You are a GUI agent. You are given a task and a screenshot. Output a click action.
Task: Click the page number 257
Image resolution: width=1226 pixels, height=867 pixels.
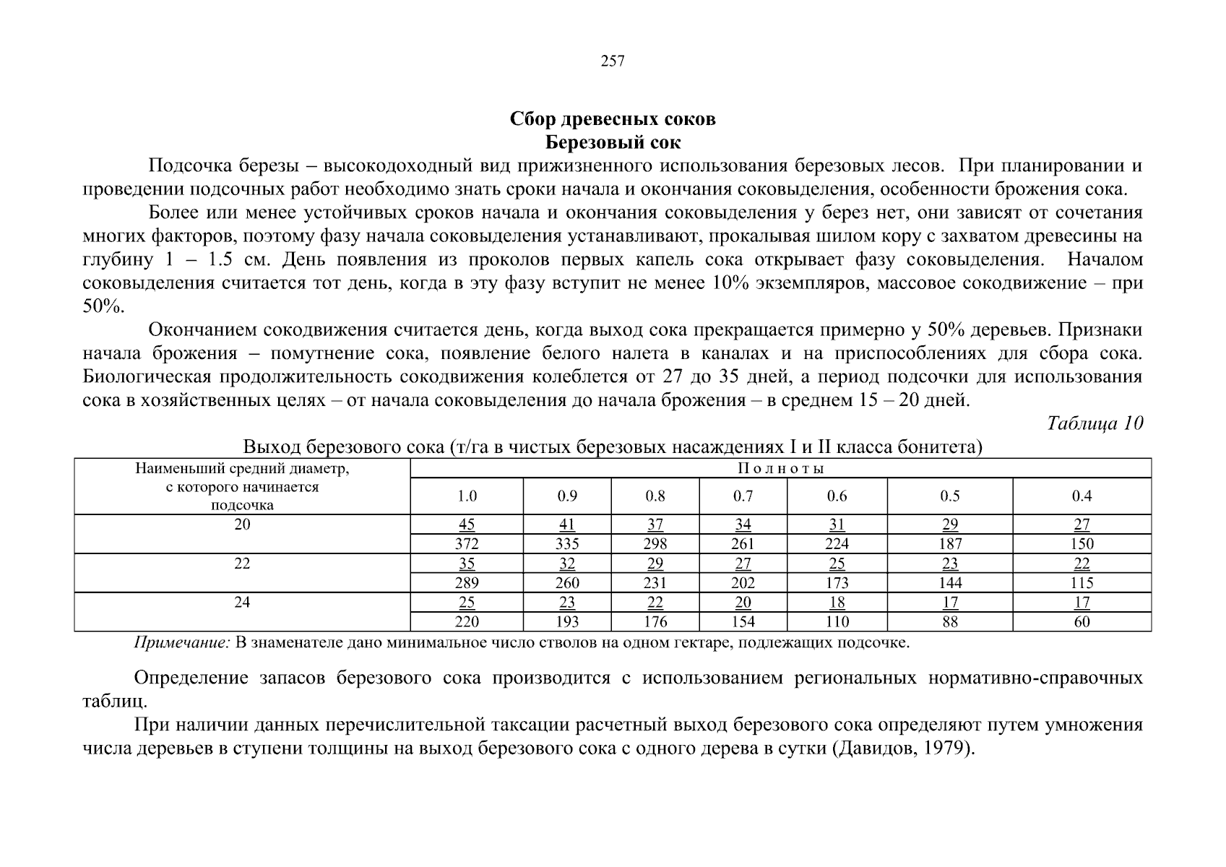pos(613,61)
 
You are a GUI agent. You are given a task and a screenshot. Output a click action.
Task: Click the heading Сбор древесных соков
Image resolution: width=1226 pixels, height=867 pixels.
pos(613,118)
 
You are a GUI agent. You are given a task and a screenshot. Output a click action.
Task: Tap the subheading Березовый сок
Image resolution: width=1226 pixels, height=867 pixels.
pos(613,142)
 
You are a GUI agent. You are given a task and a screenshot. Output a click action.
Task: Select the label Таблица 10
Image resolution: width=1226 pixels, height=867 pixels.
pos(1095,423)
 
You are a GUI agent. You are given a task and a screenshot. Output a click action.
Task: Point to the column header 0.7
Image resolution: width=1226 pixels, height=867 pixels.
pos(743,496)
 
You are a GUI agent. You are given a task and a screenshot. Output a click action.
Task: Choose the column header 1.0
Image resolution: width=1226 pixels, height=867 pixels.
pos(467,496)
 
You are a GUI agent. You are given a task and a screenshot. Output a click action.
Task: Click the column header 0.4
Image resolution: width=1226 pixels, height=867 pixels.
pos(1082,496)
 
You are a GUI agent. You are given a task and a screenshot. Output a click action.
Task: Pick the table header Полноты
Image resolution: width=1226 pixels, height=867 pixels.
pos(780,468)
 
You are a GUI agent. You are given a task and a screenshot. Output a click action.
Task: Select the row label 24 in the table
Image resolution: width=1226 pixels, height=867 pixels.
pos(242,602)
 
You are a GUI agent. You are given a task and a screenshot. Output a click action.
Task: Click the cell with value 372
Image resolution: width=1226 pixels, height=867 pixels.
pos(467,544)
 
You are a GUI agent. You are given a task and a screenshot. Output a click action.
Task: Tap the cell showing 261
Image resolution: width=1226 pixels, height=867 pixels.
pos(743,544)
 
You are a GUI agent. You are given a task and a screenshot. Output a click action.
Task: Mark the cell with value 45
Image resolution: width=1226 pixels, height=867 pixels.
pos(467,525)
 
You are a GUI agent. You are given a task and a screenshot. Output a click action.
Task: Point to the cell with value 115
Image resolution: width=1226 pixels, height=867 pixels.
pos(1082,583)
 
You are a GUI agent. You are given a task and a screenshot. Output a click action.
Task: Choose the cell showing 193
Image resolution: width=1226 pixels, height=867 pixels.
pos(567,622)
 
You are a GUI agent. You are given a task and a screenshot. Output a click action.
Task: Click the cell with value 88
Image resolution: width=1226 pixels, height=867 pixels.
pos(950,622)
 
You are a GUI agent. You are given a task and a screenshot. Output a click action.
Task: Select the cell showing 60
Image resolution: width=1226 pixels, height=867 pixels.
pos(1082,622)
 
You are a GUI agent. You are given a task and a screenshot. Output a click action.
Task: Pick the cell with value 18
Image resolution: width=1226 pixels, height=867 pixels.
pos(837,603)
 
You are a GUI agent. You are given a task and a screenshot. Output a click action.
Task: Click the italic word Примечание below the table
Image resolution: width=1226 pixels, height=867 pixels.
pos(181,643)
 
